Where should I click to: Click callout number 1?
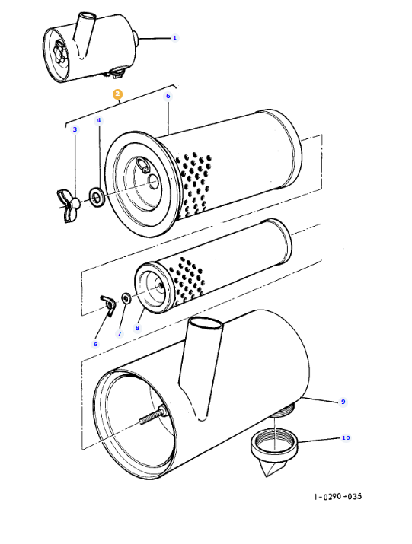pyautogui.click(x=174, y=37)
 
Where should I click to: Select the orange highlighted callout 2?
pyautogui.click(x=117, y=94)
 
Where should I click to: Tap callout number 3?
pyautogui.click(x=75, y=130)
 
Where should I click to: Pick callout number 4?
pyautogui.click(x=98, y=121)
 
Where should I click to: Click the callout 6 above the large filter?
pyautogui.click(x=168, y=97)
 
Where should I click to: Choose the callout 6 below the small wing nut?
pyautogui.click(x=95, y=344)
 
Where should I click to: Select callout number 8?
pyautogui.click(x=138, y=328)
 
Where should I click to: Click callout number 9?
pyautogui.click(x=343, y=401)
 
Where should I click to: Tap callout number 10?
pyautogui.click(x=346, y=438)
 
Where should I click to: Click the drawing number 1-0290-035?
pyautogui.click(x=337, y=497)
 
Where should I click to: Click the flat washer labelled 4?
pyautogui.click(x=97, y=198)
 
